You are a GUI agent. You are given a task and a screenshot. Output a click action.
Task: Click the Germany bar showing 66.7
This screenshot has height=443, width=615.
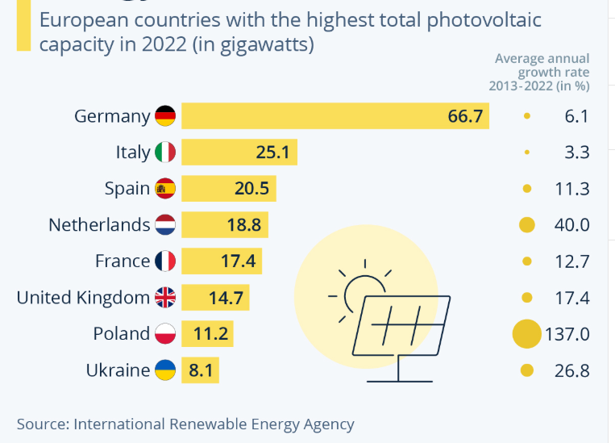[x=335, y=116]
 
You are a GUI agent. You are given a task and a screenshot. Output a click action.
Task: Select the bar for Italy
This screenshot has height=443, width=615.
[x=239, y=152]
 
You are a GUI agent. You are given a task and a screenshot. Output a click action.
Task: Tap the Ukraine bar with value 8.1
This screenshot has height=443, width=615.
[x=200, y=370]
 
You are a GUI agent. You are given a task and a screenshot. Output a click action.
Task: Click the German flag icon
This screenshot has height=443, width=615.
[x=165, y=116]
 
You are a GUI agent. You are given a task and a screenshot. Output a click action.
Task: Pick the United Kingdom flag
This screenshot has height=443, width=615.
[x=165, y=297]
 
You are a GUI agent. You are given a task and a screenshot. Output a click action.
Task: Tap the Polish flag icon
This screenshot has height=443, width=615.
[x=165, y=333]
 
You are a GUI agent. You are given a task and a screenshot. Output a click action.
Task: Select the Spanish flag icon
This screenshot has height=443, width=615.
[x=165, y=189]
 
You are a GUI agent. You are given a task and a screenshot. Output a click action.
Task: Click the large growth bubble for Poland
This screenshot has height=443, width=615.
[x=527, y=334]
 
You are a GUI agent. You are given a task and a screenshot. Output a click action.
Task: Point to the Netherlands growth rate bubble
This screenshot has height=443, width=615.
[x=527, y=225]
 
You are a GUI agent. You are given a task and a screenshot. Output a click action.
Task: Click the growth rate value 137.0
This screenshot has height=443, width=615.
[x=567, y=334]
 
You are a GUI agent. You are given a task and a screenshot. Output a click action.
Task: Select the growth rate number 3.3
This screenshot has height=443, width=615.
[x=576, y=153]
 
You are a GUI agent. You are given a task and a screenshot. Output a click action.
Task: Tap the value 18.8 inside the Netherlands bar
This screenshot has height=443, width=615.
[x=244, y=225]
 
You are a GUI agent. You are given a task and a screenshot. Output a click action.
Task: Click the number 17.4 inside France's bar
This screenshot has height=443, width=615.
[x=238, y=261]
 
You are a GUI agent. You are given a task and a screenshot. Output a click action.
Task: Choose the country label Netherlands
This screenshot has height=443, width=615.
[x=99, y=225]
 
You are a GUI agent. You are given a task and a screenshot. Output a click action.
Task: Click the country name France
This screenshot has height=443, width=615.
[x=123, y=261]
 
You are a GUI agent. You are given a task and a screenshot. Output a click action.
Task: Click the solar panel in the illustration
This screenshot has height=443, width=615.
[x=401, y=339]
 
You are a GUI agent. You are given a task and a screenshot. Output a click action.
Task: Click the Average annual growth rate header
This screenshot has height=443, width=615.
[x=539, y=73]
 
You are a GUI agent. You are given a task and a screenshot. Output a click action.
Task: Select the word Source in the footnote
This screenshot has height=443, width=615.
[x=44, y=424]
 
